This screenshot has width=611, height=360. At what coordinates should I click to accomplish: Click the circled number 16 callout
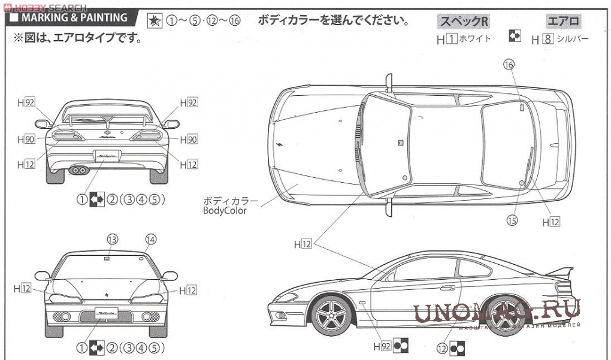[509, 65]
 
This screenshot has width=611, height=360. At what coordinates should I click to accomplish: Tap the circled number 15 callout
[512, 220]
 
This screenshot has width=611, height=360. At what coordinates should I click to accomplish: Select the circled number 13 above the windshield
[111, 240]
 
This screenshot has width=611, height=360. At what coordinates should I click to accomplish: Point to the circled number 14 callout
[150, 240]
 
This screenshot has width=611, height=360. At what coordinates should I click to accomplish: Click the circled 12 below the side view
[442, 347]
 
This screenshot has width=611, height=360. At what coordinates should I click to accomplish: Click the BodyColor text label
[225, 210]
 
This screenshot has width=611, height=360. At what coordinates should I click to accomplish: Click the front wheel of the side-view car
[331, 313]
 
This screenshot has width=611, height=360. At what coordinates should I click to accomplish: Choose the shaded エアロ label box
[563, 22]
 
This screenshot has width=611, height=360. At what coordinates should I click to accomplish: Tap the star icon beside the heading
[154, 20]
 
